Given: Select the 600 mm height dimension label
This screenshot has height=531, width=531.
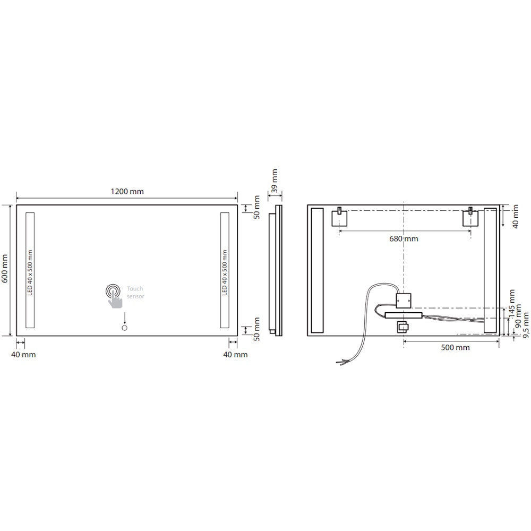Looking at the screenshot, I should tap(5, 271).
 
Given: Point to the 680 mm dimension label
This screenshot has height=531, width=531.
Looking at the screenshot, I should tap(404, 238).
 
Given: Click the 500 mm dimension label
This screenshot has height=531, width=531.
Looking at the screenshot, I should tap(455, 348).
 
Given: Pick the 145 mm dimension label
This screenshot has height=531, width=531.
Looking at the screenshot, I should tap(511, 302).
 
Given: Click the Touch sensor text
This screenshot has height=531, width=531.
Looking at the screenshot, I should tap(135, 293).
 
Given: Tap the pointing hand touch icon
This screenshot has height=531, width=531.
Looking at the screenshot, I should tap(114, 297).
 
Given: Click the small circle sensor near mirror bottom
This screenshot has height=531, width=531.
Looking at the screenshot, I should tap(125, 329).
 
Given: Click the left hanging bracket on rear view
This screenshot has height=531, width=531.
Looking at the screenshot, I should tap(339, 218).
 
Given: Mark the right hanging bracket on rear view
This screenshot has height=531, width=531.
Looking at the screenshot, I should tap(470, 218).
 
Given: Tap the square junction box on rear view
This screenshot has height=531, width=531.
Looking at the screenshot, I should tap(404, 300).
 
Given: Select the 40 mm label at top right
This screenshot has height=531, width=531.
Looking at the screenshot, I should tap(515, 217).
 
